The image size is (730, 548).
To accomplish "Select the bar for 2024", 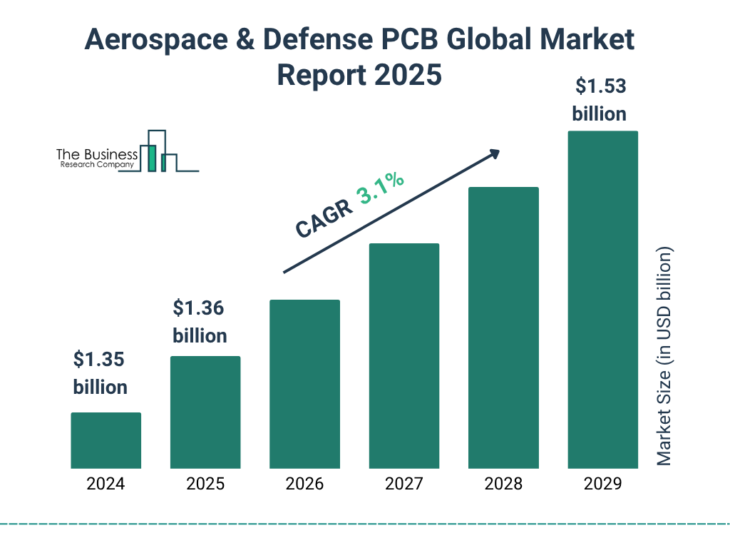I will click(x=106, y=440).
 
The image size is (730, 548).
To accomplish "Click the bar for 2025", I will click(x=205, y=412).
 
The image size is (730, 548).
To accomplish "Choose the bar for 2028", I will click(x=503, y=328).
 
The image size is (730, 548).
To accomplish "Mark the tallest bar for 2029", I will click(x=602, y=300).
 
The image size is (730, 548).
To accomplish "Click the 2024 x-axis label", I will click(x=106, y=484).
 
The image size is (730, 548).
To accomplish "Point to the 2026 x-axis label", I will click(x=304, y=484).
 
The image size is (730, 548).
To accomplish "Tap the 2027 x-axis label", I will click(x=403, y=484).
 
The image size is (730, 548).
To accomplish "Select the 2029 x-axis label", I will click(x=602, y=484).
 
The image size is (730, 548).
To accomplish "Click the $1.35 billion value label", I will click(x=100, y=373).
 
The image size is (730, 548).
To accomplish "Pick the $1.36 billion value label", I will click(x=200, y=322).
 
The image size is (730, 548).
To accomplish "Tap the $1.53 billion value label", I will click(x=600, y=100).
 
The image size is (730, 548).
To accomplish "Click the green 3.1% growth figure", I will click(x=381, y=189).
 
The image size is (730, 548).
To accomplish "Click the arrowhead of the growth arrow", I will click(x=493, y=153).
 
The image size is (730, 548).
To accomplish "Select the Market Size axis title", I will click(x=664, y=357).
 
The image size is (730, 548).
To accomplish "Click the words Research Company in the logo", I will click(x=96, y=165).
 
